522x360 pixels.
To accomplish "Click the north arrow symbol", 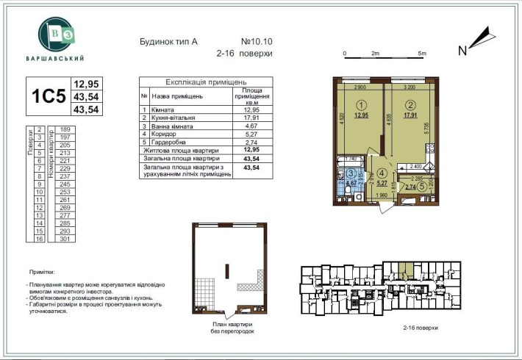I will (479, 35).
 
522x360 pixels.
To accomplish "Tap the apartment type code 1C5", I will (47, 97).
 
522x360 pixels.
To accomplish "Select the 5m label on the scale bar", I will (421, 54).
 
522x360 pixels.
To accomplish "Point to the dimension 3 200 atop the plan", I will (410, 87).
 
